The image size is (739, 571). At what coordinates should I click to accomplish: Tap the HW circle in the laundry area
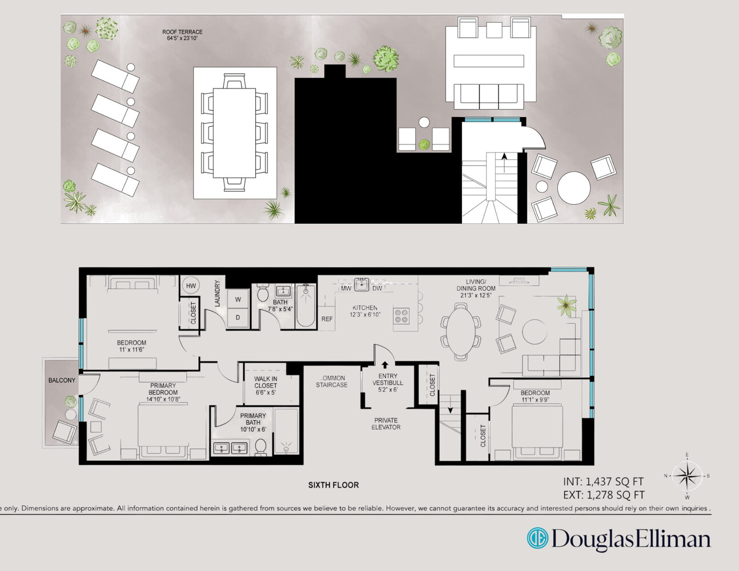(191, 285)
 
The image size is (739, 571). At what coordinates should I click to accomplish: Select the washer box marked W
(238, 299)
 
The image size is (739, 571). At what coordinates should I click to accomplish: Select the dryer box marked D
(238, 317)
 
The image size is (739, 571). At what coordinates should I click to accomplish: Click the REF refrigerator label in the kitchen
(327, 319)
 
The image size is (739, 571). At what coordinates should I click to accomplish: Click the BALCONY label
(62, 380)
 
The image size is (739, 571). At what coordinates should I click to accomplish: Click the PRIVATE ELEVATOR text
(386, 424)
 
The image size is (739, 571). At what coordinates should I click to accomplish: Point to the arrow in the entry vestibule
(385, 365)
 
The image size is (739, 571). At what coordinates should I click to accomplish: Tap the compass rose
(687, 475)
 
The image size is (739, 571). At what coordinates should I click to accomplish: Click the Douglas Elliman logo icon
(537, 538)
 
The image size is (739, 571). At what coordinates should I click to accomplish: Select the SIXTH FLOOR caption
(334, 485)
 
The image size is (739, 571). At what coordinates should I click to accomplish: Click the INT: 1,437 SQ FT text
(603, 481)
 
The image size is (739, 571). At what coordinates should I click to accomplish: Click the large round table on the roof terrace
(573, 188)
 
